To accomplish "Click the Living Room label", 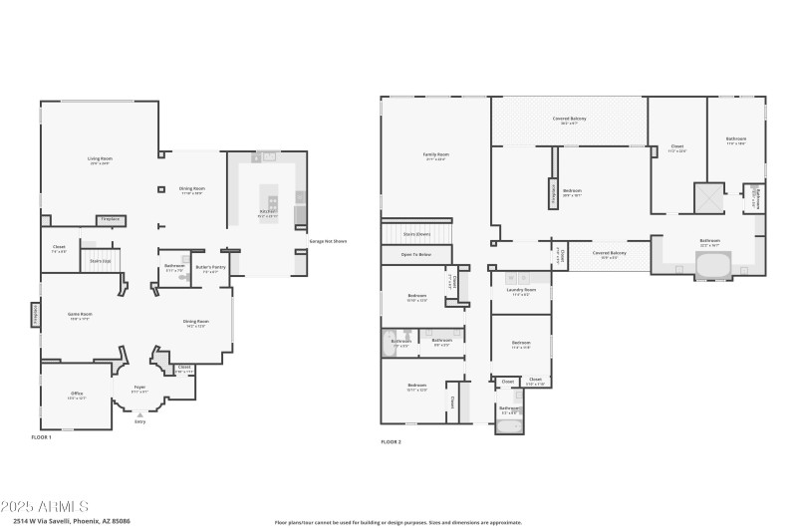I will [100, 159].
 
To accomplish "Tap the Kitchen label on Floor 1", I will [267, 212].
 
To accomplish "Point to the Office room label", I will [77, 395].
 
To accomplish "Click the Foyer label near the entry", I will [139, 390].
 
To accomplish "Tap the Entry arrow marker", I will [139, 413].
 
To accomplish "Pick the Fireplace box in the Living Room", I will [108, 219].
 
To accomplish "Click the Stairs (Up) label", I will [100, 261].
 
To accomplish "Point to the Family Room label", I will [435, 155].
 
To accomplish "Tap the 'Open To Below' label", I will [416, 255].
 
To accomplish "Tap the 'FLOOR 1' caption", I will [41, 437].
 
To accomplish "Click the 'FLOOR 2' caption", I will [391, 441].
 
